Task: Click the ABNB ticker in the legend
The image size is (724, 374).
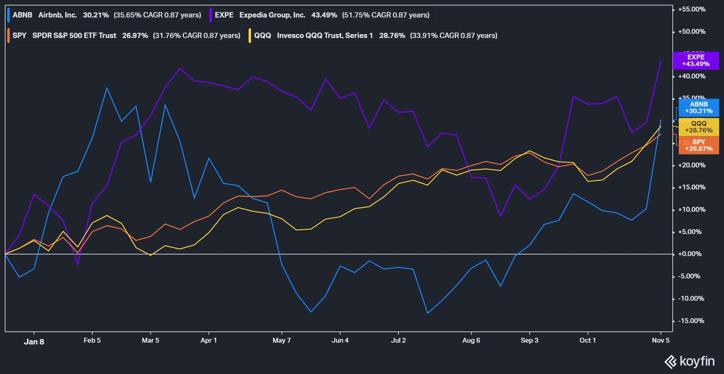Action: click(x=22, y=15)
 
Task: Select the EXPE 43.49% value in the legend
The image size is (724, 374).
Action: click(x=324, y=15)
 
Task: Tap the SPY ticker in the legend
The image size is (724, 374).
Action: click(x=19, y=36)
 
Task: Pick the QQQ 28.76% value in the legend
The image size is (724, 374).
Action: click(x=392, y=36)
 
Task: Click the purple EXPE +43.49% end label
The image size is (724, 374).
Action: click(x=696, y=61)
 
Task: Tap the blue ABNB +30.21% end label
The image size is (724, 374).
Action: click(x=699, y=108)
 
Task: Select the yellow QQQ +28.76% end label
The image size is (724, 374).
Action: click(x=699, y=127)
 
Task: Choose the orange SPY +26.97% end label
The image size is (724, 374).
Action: click(x=699, y=145)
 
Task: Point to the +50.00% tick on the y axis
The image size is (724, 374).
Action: click(x=691, y=32)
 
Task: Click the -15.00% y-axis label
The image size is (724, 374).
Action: click(x=691, y=321)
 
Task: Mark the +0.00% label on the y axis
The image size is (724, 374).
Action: click(x=691, y=254)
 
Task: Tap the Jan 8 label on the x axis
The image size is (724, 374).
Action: click(x=34, y=342)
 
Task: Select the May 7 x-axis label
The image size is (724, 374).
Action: click(x=281, y=341)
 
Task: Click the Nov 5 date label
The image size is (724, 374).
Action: click(x=660, y=341)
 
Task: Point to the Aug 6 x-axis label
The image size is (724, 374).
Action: click(x=471, y=341)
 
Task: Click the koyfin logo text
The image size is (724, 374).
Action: click(x=697, y=361)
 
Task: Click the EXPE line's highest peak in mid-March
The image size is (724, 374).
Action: click(x=180, y=68)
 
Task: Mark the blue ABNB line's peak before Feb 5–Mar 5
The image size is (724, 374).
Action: click(x=107, y=88)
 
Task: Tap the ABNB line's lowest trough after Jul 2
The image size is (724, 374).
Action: click(x=427, y=313)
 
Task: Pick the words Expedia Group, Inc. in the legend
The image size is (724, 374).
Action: click(x=272, y=15)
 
